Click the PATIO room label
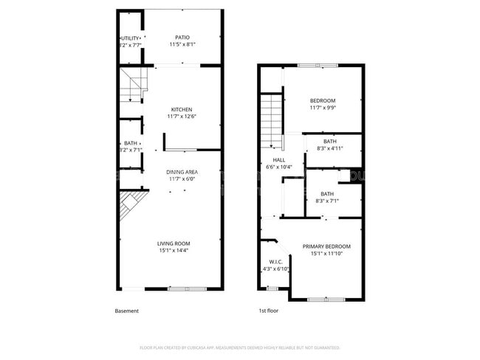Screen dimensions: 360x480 click(182, 38)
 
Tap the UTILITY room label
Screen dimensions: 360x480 click(129, 38)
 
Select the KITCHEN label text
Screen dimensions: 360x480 click(182, 110)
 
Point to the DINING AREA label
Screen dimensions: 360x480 click(182, 172)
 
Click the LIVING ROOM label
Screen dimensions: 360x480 click(174, 243)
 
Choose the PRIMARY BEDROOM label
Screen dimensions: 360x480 click(326, 246)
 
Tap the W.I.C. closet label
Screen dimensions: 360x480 click(275, 261)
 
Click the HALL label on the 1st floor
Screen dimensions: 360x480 click(278, 159)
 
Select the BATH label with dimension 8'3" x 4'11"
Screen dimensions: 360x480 click(329, 142)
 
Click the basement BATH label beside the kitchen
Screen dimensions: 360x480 click(130, 143)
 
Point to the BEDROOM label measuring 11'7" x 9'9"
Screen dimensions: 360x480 click(323, 101)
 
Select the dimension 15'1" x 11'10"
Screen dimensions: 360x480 click(326, 255)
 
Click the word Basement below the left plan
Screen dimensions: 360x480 click(126, 311)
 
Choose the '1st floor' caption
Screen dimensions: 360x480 click(270, 311)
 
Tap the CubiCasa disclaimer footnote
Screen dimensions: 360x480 click(239, 347)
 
